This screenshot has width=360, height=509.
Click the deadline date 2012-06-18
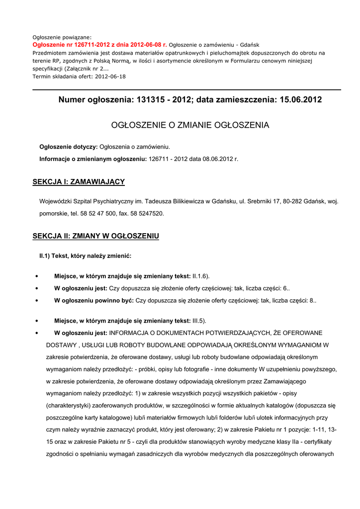coord(110,77)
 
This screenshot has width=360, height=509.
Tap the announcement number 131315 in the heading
coord(151,100)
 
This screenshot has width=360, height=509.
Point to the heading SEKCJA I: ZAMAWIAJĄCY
coord(79,182)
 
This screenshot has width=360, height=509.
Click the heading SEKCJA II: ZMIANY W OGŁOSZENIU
coord(95,236)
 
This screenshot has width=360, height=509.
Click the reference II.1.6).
coord(201,276)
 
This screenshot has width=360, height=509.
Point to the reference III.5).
coord(199,321)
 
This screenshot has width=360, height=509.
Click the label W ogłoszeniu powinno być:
coord(94,301)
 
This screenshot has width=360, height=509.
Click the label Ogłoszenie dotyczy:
coord(69,147)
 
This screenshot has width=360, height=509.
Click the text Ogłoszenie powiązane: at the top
coord(62,37)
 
